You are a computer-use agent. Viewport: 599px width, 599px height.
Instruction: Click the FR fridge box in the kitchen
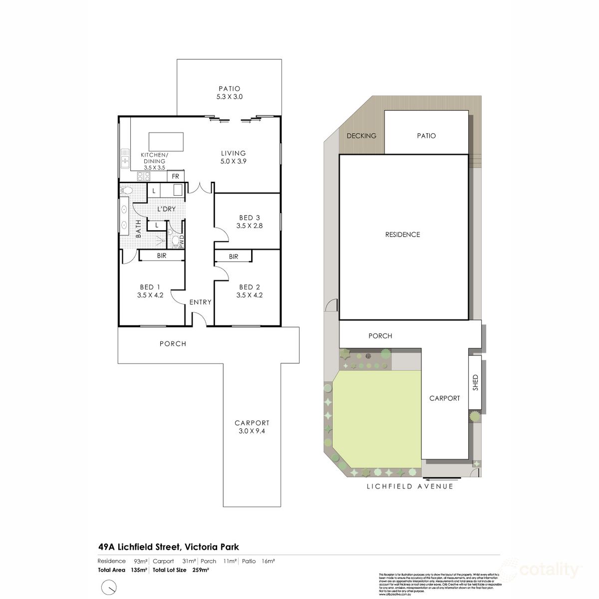[175, 176]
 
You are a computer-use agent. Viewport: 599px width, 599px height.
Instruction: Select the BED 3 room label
[250, 218]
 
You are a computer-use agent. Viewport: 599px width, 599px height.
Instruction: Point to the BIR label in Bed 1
[162, 256]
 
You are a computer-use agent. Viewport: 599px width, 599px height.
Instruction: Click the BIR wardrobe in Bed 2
[234, 257]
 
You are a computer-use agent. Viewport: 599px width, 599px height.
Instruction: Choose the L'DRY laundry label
[166, 209]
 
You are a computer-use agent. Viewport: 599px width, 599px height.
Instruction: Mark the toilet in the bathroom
[127, 190]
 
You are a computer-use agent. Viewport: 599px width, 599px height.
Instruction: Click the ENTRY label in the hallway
[200, 302]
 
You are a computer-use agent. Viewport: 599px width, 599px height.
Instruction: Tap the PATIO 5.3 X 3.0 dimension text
[230, 97]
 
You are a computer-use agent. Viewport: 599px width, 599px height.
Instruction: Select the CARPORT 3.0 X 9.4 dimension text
[252, 431]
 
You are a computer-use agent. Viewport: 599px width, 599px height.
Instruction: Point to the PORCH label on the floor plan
[173, 344]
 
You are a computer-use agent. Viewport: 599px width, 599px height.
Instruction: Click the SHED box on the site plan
[475, 382]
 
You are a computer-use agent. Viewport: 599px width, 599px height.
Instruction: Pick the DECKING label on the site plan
[361, 136]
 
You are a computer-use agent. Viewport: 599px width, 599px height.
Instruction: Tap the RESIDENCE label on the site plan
[402, 235]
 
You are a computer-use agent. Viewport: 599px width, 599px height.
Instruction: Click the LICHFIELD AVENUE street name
[410, 486]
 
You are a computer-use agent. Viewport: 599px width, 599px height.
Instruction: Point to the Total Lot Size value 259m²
[200, 570]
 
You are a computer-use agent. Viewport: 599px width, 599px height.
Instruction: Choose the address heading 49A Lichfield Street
[168, 547]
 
